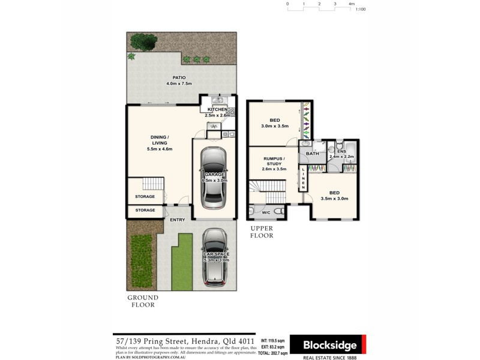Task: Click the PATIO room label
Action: pos(179,77)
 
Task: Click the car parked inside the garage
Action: pos(214,177)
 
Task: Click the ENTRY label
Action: pos(177,220)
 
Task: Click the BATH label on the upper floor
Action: pos(312,154)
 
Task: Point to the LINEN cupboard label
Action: pos(304,178)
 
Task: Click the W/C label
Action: pos(266,212)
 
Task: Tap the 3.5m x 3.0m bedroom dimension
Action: pos(334,199)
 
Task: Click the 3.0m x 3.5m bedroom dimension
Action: pos(275,127)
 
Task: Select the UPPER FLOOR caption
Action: pos(262,232)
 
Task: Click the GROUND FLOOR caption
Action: pos(143,301)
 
